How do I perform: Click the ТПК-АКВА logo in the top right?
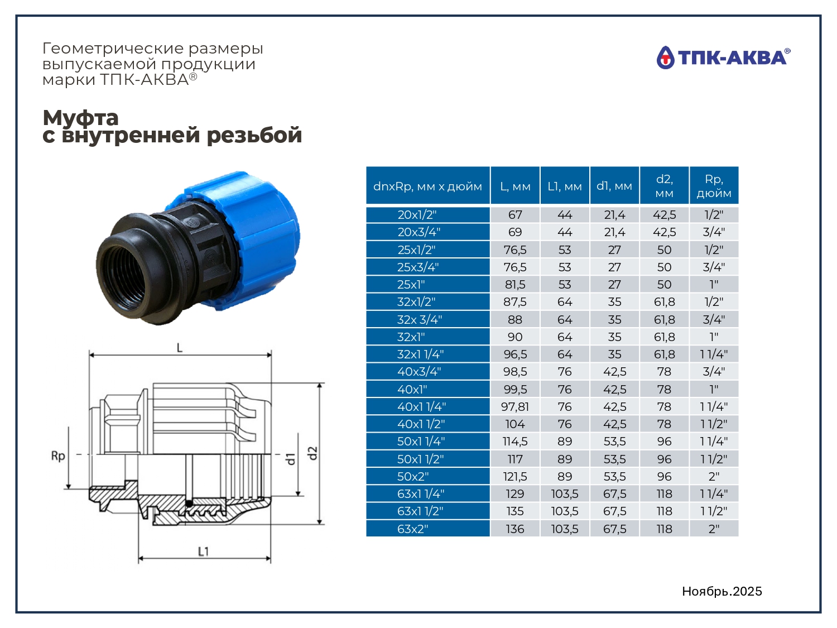point(723,57)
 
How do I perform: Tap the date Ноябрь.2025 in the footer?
point(722,591)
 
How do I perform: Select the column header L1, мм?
point(565,186)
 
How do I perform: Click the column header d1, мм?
point(614,186)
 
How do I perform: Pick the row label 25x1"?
point(411,285)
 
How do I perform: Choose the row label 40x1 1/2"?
point(421,424)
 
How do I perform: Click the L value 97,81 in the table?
point(515,406)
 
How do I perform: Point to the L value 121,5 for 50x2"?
point(515,476)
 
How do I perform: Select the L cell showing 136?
point(515,529)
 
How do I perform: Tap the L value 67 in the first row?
point(515,215)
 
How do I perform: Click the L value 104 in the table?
point(515,424)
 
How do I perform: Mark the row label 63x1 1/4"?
point(421,494)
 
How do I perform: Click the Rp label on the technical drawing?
point(58,456)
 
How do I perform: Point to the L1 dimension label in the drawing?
point(203,552)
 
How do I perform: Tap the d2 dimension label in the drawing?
point(312,453)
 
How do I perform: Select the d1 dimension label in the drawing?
point(291,459)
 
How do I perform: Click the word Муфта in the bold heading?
point(80,118)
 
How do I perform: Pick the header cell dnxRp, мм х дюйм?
point(427,186)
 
